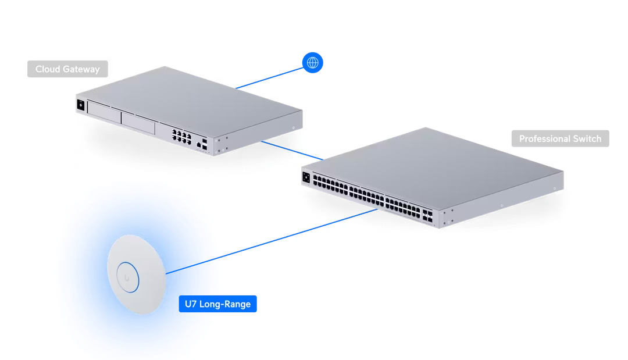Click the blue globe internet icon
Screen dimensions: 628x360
pos(312,62)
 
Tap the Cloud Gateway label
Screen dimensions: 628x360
pos(67,69)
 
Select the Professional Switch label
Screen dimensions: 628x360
pos(560,138)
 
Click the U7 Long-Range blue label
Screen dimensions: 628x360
pos(217,304)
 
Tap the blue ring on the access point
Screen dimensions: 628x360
pos(128,277)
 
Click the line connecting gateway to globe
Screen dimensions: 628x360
pos(269,78)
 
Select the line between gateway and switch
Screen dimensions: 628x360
pos(292,151)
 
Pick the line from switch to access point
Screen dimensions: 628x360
pos(272,241)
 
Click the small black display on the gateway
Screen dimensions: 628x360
pos(80,105)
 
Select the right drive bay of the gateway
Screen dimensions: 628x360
pos(138,123)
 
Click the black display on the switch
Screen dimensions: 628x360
pos(306,177)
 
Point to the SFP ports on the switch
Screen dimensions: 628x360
pos(427,215)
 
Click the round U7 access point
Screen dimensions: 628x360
pos(137,275)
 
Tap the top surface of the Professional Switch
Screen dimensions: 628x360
pos(433,168)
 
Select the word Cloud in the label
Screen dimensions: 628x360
pos(47,69)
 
